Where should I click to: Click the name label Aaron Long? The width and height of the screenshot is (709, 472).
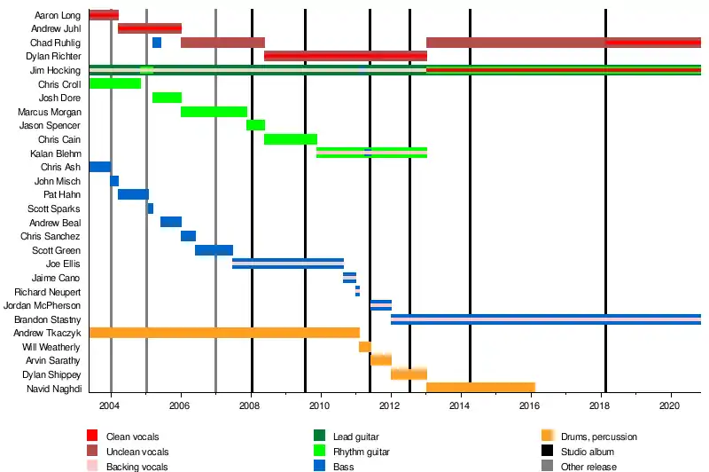[x=58, y=15]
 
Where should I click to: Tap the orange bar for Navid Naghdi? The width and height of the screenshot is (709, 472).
[x=480, y=388]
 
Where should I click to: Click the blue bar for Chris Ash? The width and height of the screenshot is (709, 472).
[x=99, y=167]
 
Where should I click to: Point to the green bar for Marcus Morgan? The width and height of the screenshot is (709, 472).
[x=214, y=112]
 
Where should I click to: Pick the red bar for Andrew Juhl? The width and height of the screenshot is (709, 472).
[x=149, y=28]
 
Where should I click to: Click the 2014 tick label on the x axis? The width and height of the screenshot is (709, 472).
[x=460, y=406]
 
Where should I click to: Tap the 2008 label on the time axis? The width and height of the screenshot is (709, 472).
[x=251, y=406]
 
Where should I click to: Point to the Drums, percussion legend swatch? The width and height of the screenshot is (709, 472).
[x=547, y=437]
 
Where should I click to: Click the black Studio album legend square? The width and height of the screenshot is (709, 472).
[x=547, y=452]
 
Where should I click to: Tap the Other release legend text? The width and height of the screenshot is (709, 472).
[x=588, y=467]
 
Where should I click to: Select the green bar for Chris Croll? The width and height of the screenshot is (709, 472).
[x=114, y=83]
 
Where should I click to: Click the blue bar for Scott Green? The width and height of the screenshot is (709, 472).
[x=214, y=250]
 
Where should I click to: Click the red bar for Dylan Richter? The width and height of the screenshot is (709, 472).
[x=345, y=56]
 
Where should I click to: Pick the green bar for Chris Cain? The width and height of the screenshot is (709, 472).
[x=290, y=139]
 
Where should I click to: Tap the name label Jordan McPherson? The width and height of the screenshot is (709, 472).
[x=43, y=305]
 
